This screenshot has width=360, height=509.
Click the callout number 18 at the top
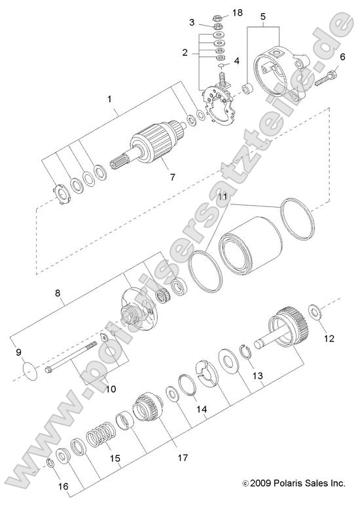point(238,13)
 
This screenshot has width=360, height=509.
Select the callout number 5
point(263,16)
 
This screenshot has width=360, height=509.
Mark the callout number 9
point(19,353)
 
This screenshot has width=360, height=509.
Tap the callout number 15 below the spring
point(115,458)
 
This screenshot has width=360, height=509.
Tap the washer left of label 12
point(313,310)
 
